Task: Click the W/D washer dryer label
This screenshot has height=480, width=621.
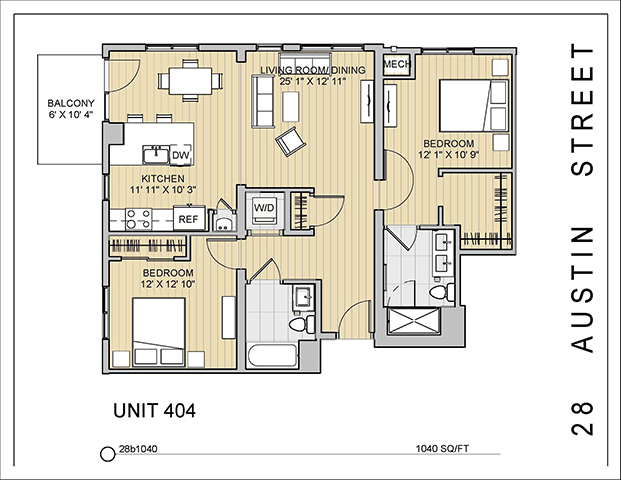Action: [265, 208]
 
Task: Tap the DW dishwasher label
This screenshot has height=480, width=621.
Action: [181, 156]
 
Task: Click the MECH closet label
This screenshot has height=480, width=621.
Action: [397, 65]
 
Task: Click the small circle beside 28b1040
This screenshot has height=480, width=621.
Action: [108, 453]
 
